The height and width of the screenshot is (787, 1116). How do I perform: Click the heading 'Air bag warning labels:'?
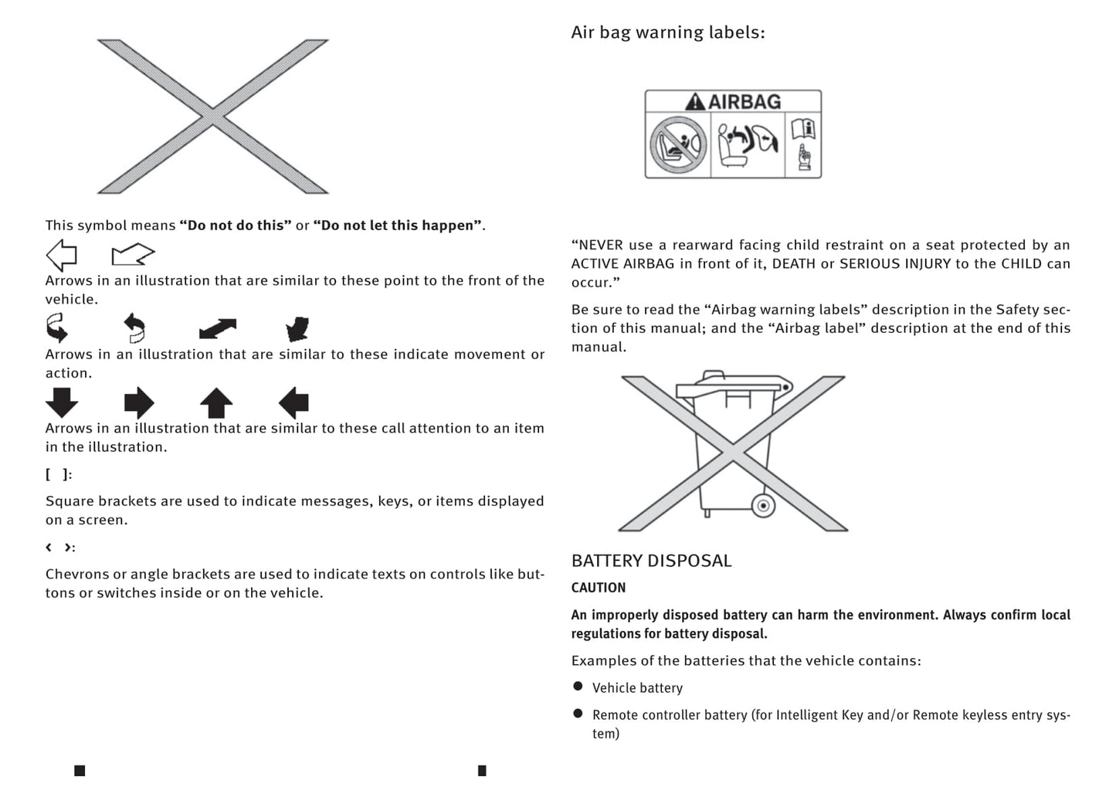pos(667,32)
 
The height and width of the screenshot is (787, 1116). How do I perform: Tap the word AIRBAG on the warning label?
pos(745,102)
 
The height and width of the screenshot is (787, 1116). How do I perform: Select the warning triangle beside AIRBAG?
pos(695,102)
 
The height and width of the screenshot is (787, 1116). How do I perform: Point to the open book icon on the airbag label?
pos(803,128)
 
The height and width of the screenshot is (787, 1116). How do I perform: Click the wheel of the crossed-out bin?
pos(763,506)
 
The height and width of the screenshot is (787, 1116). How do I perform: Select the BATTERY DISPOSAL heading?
pos(651,561)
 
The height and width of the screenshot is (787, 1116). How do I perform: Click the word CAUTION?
pos(599,588)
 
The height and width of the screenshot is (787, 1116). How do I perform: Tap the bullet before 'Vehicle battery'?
pos(578,687)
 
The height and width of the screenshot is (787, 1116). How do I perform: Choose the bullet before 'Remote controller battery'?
pos(578,714)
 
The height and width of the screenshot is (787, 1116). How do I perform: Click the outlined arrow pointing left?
pos(62,254)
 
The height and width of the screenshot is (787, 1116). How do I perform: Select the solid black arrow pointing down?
pos(62,402)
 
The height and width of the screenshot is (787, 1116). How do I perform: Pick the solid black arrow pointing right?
pos(139,402)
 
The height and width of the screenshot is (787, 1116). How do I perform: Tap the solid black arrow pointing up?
pos(216,402)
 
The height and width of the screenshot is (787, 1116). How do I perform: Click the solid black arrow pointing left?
pos(293,402)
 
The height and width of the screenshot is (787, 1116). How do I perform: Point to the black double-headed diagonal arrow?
pos(218,329)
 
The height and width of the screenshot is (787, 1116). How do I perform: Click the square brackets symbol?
pos(58,474)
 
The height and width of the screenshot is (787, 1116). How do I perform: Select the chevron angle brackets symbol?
pos(59,548)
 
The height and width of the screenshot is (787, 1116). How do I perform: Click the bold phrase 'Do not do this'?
pos(236,226)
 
